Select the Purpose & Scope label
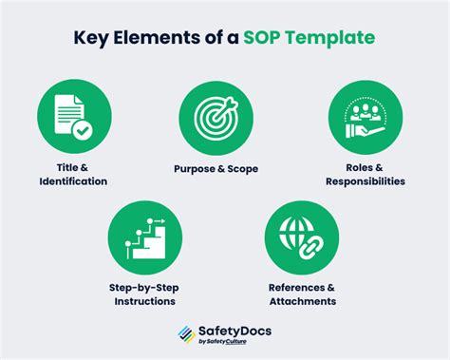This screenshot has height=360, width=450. pos(216,168)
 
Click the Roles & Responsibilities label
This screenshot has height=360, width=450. pos(364,174)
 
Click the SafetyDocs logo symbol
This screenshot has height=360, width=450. pos(187,333)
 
